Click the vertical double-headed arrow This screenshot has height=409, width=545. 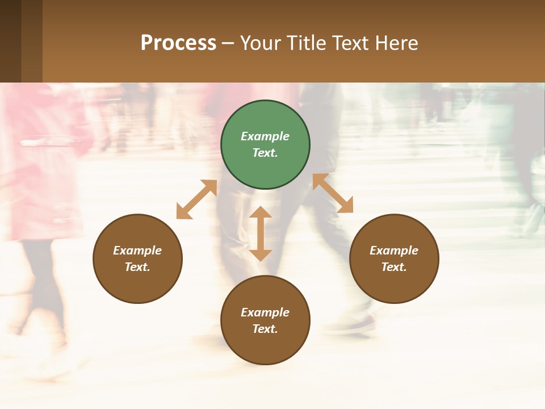tap(261, 233)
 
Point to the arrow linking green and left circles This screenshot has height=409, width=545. tap(196, 199)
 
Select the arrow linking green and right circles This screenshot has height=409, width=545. tap(333, 193)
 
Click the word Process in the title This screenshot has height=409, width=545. tap(178, 43)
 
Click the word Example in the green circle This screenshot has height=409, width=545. tap(265, 136)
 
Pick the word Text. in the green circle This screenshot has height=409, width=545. tap(265, 153)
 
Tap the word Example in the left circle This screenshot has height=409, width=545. tap(137, 251)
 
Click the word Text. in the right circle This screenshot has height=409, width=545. tap(394, 267)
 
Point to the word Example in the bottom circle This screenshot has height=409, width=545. tap(265, 312)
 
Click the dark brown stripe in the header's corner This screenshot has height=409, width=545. tap(10, 41)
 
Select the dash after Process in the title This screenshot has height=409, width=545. tap(228, 44)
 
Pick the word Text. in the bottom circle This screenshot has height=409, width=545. tap(265, 329)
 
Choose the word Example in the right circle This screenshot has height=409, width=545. tap(394, 251)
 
